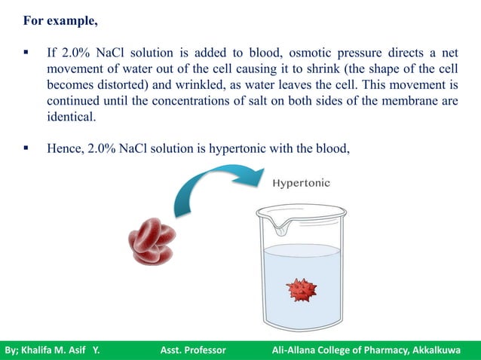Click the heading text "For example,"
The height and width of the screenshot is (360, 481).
click(60, 21)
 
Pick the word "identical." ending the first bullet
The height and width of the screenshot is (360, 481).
click(72, 117)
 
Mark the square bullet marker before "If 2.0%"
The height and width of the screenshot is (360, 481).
click(26, 54)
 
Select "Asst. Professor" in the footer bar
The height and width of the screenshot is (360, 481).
click(194, 351)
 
